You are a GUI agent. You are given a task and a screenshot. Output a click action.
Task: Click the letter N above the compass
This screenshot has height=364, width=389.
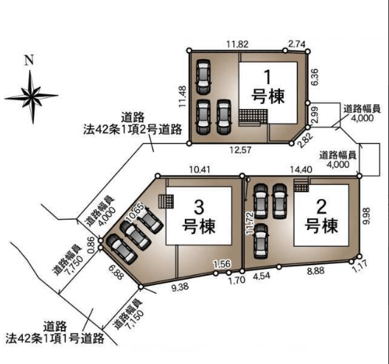[29, 60]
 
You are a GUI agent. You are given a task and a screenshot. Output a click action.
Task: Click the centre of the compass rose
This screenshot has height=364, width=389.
[32, 96]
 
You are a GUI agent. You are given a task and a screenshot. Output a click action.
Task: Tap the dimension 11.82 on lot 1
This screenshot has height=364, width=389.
[237, 44]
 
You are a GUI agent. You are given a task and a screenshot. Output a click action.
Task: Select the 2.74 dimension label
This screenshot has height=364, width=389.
[297, 44]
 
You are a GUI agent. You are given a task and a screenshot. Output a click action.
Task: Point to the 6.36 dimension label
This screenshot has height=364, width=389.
[315, 77]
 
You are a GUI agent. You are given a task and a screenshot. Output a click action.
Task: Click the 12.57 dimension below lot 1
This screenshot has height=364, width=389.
[240, 150]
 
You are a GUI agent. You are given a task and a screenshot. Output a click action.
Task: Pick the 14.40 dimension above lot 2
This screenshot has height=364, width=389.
[301, 169]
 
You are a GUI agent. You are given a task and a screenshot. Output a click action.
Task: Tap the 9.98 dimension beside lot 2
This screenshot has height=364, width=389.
[366, 216]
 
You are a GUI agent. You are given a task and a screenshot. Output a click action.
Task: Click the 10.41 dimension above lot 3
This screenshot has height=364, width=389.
[200, 169]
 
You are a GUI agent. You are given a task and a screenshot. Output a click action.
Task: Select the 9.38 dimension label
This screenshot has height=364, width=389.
[180, 287]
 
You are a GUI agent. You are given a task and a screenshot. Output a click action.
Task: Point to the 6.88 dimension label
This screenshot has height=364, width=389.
[116, 271]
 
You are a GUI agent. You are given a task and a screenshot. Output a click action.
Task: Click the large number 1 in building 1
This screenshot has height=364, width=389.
[267, 77]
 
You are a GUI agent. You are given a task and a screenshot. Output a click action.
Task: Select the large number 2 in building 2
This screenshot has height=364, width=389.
[321, 207]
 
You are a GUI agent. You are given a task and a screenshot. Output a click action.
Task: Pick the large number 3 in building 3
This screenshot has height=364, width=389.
[199, 208]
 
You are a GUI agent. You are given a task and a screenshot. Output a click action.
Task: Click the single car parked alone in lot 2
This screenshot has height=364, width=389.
[261, 240]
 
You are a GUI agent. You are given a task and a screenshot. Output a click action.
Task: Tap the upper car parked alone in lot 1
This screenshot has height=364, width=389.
[203, 77]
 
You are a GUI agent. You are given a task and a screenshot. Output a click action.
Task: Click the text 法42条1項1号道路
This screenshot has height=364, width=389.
[55, 338]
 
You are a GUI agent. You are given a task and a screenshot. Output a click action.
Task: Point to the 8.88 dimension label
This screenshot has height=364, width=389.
[316, 271]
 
